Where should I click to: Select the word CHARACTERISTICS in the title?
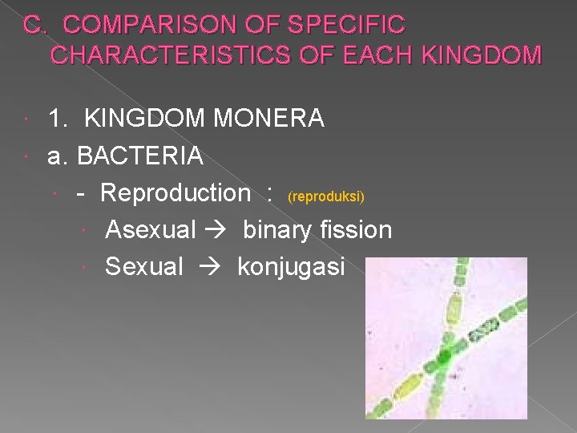point(169,55)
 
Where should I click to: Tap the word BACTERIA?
point(139,156)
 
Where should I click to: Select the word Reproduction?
point(176,192)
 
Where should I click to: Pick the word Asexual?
point(151,230)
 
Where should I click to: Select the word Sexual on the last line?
point(144,266)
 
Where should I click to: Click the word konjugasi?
point(291,266)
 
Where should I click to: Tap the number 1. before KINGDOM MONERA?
point(58,119)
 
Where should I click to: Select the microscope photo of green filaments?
point(446,338)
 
